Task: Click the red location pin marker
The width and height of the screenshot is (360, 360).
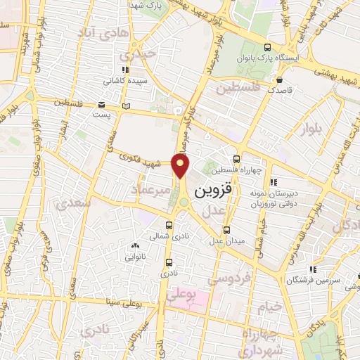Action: point(181,166)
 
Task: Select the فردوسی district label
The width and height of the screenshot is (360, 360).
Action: point(233,278)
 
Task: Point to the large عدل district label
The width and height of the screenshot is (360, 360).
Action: point(214,210)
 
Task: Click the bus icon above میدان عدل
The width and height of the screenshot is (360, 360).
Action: point(226,229)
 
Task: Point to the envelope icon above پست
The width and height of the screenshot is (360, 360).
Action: point(127,105)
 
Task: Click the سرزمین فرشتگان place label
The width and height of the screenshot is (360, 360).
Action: point(308,280)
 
